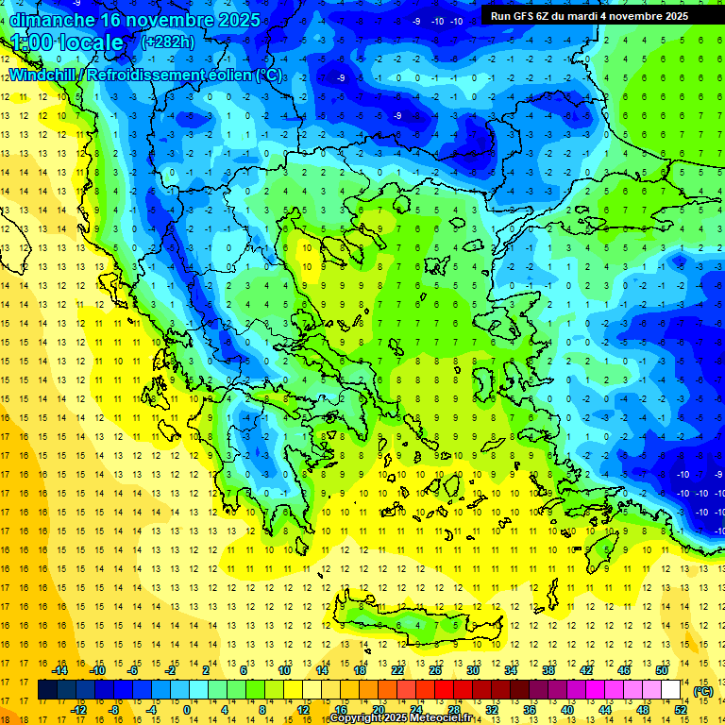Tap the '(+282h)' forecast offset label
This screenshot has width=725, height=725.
coord(167,42)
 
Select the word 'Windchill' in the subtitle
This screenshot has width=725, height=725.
coord(42,75)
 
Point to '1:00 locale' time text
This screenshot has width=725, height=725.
coord(66,42)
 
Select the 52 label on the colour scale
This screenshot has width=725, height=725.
coord(681,709)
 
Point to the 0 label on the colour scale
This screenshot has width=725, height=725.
coord(187,709)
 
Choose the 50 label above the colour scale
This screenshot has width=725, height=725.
coord(662,670)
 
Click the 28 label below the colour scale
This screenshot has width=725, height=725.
coord(454,709)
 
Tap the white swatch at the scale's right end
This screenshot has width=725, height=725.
coord(671,690)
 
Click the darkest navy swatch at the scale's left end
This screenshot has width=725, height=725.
coord(48,690)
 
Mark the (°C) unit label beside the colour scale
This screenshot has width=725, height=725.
coord(703,690)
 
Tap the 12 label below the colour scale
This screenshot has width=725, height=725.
coord(302,709)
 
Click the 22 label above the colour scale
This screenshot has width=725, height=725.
coord(397,670)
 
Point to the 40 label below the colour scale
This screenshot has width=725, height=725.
coord(567,709)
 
